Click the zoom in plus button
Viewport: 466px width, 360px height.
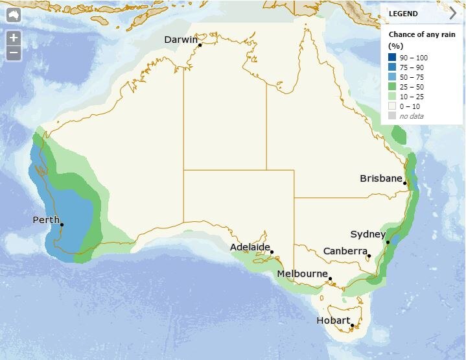click(x=14, y=38)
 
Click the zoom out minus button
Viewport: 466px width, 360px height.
click(x=14, y=53)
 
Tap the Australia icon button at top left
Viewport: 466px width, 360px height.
click(x=14, y=14)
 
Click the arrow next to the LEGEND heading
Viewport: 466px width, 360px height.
click(x=452, y=14)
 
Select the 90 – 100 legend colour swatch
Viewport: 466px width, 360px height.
click(x=393, y=58)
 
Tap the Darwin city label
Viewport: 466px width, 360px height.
click(x=181, y=40)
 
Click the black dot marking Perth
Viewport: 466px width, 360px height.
click(x=62, y=224)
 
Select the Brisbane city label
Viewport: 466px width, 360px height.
click(x=381, y=178)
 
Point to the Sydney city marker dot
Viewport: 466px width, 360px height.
click(x=388, y=243)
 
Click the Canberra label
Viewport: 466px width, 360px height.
click(x=345, y=251)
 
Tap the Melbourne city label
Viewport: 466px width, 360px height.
click(x=302, y=274)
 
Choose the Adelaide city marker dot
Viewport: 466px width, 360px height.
click(x=272, y=252)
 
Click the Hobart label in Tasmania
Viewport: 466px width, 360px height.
click(x=333, y=320)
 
